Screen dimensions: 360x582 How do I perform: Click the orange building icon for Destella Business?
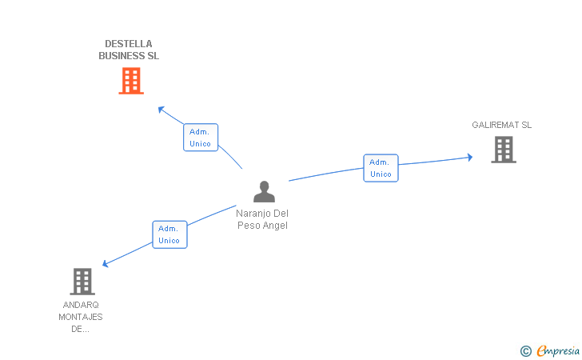[x=131, y=81]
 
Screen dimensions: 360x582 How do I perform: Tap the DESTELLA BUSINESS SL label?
[x=129, y=50]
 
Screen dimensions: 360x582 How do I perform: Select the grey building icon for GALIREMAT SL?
[x=503, y=150]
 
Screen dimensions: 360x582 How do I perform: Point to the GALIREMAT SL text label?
[x=501, y=125]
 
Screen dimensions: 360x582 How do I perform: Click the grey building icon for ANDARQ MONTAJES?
[x=82, y=282]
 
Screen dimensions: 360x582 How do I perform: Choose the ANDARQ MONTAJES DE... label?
[x=81, y=317]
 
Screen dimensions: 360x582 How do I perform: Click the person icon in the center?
[x=264, y=192]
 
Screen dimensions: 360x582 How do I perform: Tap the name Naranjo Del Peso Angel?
[x=262, y=219]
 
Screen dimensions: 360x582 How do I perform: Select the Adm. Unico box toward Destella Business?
[x=201, y=138]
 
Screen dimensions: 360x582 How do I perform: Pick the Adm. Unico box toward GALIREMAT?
[x=381, y=168]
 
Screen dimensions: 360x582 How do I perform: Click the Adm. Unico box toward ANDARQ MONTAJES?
[x=169, y=234]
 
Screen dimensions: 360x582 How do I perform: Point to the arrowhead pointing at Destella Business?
[x=161, y=109]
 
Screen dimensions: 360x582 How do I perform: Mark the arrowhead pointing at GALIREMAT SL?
[x=469, y=157]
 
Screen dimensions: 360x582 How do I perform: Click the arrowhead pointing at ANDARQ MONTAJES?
[x=105, y=264]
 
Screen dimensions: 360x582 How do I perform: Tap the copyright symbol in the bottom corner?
[x=525, y=350]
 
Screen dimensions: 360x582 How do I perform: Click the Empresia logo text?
[x=558, y=350]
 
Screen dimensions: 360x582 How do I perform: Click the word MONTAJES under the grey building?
[x=81, y=317]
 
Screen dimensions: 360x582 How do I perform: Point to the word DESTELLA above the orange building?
[x=129, y=43]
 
